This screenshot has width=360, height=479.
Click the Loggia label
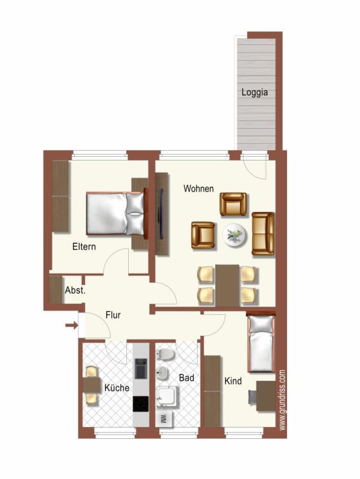[254, 92]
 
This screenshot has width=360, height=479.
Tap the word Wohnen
[198, 188]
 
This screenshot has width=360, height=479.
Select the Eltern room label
[84, 247]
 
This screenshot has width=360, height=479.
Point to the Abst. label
[75, 290]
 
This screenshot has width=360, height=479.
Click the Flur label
[113, 315]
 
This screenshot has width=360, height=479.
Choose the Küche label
[117, 387]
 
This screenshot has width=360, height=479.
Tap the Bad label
[186, 378]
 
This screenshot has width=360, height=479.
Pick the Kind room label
[233, 381]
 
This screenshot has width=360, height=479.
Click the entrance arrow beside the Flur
[71, 325]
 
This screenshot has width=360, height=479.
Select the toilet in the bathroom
[165, 354]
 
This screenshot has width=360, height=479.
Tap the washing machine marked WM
[164, 418]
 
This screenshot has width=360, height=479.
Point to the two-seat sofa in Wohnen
[262, 234]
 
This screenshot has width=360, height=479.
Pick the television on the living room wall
[161, 214]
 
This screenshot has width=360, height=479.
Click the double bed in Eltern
[115, 214]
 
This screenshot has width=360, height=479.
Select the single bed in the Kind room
[261, 343]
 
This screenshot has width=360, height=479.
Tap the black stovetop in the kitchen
[141, 404]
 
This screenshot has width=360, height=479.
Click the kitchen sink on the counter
[141, 368]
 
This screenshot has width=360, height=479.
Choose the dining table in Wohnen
[228, 286]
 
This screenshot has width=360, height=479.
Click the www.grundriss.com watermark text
[282, 400]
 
